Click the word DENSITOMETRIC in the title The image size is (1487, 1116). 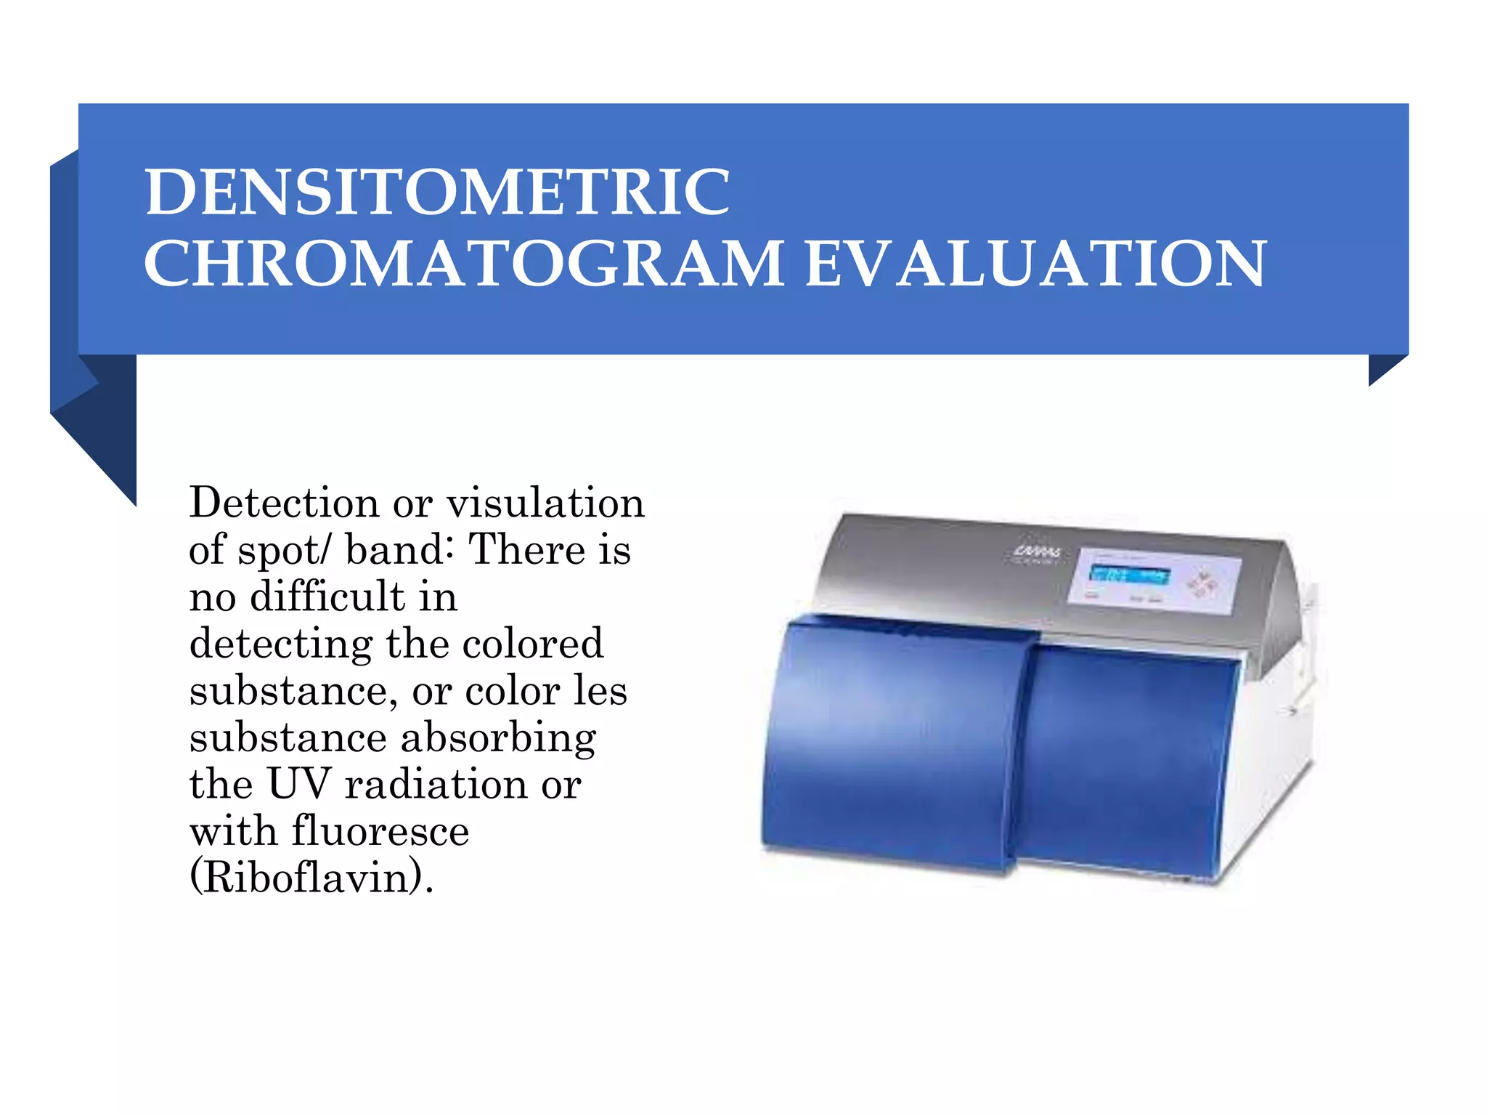point(438,192)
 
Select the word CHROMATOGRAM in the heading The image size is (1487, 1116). point(463,264)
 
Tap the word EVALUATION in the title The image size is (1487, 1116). point(1036,264)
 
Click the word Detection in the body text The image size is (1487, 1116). point(284,503)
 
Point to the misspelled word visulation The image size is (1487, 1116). point(545,503)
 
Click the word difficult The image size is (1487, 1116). point(327,597)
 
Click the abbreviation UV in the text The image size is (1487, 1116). point(298,785)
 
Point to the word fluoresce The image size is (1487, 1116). point(380,831)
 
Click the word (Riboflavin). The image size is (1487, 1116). point(311,878)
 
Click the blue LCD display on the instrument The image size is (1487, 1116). point(1129,575)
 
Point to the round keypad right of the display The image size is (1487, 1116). point(1202,583)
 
